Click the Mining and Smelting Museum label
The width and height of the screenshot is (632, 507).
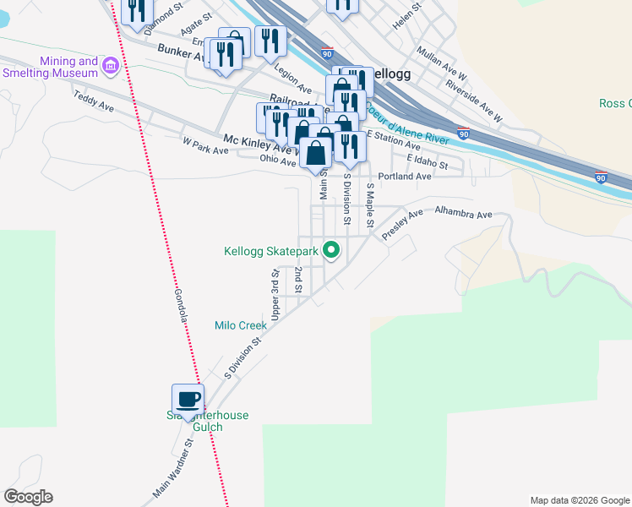tap(69, 68)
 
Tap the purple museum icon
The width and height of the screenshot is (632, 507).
tap(109, 65)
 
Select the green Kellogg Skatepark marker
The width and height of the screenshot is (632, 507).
tap(331, 250)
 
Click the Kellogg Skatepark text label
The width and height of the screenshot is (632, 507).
tap(270, 251)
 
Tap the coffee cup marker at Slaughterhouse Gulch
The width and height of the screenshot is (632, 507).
tap(188, 398)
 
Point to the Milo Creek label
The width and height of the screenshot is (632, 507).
tap(241, 324)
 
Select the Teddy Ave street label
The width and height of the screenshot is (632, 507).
tap(94, 102)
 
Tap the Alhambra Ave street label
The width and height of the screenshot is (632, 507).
tap(463, 214)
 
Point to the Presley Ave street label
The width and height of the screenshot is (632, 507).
tap(402, 226)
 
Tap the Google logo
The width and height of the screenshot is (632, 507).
tap(28, 497)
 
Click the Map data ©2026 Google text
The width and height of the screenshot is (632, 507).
tap(580, 500)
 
